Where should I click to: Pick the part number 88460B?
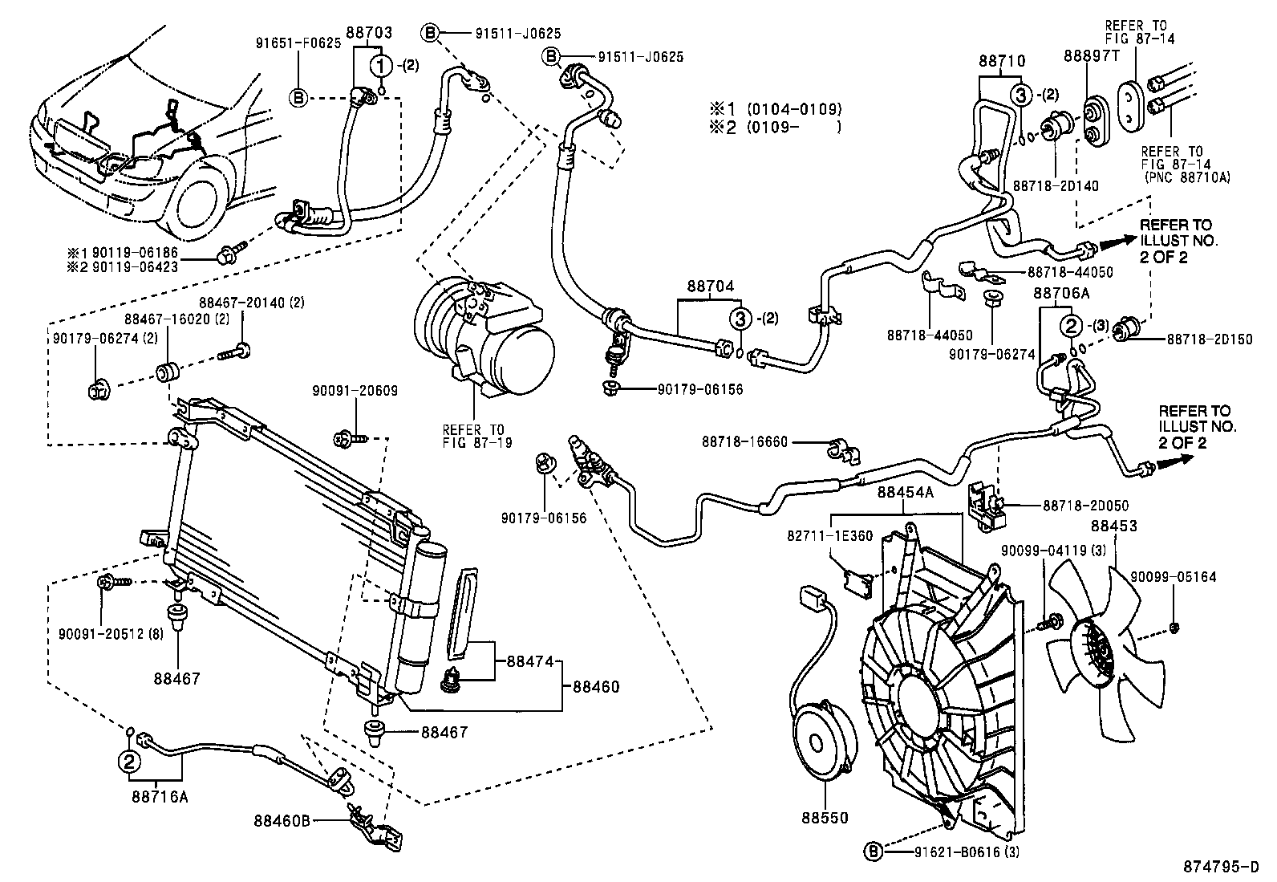[x=282, y=820]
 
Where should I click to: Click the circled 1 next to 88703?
[x=382, y=64]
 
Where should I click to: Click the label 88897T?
[x=1091, y=55]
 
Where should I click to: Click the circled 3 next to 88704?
[x=740, y=318]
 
